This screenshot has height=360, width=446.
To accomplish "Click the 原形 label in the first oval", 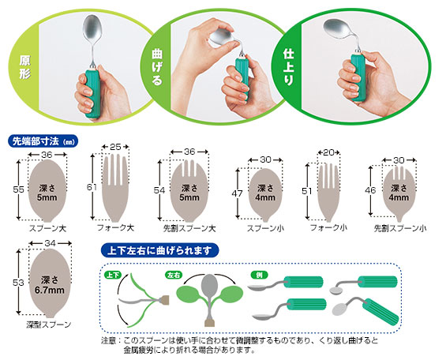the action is pos(24,67).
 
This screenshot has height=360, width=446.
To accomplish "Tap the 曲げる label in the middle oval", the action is pos(157,67).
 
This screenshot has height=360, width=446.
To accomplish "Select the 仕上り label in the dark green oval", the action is pos(288,67).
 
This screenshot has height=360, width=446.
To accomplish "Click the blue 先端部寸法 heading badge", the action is pos(43,141).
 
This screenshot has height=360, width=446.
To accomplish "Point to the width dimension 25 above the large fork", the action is pos(115,147).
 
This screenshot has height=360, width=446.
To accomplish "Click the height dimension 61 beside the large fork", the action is pos(92,187).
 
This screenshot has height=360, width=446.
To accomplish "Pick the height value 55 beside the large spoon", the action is pos(18,189).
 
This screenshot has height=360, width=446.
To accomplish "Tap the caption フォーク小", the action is pos(328,227).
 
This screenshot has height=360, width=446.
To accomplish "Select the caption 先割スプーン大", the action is pos(189,228).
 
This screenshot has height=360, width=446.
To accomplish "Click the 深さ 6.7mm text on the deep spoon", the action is pos(50,285).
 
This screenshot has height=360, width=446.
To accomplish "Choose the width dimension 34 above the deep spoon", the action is pos(50,243).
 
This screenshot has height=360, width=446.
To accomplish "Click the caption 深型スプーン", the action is pos(49,324).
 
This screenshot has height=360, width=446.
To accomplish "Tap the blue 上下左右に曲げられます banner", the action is pos(159,250).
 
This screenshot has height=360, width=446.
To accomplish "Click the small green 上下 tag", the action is pos(113,275).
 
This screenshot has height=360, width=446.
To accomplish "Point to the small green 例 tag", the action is pos(259,275).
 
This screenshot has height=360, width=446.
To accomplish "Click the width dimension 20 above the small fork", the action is pos(328,152).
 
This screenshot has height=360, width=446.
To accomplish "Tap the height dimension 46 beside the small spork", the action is pos(370,190).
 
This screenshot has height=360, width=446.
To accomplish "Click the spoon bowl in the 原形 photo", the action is pos(92,29).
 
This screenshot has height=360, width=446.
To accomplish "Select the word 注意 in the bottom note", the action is pos(109,340).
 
